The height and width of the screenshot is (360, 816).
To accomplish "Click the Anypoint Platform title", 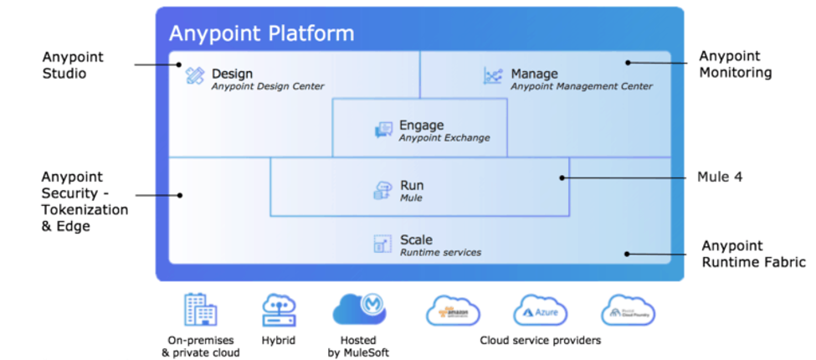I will [261, 33].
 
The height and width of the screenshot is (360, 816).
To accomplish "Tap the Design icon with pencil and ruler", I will [195, 76].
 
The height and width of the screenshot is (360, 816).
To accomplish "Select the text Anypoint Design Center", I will [267, 86].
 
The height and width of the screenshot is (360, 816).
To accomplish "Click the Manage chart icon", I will [493, 75].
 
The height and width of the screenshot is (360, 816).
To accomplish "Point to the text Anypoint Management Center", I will [582, 86].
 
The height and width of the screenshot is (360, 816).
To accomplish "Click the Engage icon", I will [383, 130].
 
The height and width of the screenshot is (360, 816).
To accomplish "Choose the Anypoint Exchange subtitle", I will [444, 138].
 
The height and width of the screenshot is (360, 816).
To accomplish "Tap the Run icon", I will [383, 190].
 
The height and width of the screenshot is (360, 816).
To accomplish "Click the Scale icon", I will [382, 244].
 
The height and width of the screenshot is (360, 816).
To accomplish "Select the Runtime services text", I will [440, 252].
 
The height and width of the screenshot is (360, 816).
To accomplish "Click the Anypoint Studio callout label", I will [73, 65].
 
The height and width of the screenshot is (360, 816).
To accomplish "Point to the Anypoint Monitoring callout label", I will [735, 64].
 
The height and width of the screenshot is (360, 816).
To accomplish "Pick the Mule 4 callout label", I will [720, 177].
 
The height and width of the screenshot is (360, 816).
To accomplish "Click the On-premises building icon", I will [200, 310].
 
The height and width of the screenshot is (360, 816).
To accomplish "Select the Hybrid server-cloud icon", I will [279, 309].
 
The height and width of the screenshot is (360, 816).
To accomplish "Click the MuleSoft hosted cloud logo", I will [359, 309].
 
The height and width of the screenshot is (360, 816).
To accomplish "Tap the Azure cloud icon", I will [547, 311].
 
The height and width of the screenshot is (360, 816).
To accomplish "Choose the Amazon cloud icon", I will [453, 311].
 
